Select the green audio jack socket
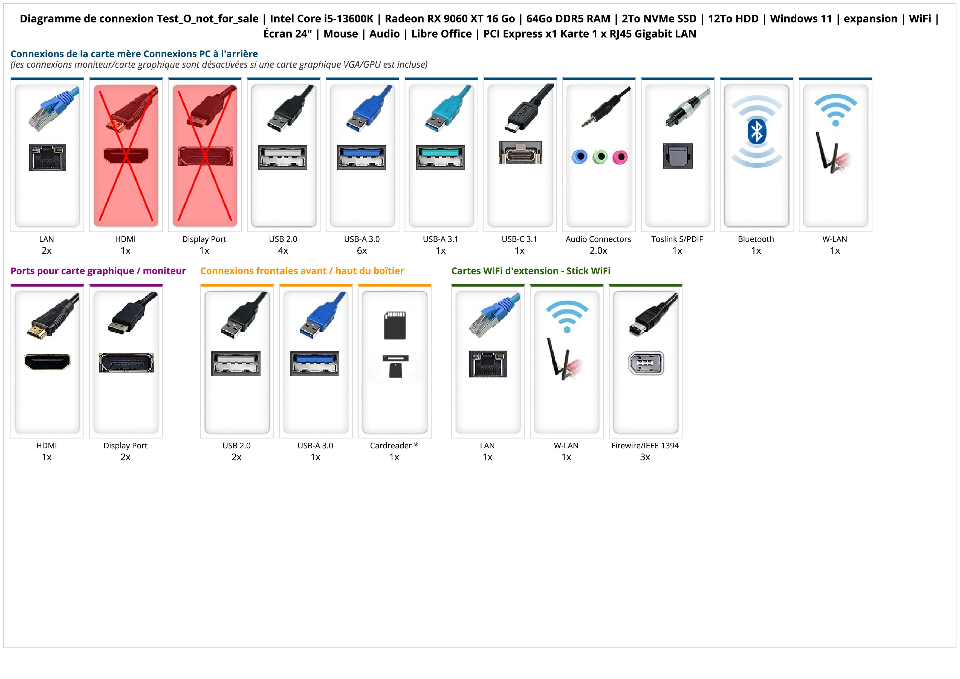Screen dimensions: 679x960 (600, 157)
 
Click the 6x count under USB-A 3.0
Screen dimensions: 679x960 (362, 251)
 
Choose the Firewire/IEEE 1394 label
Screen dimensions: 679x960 (645, 446)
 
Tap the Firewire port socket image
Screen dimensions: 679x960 (646, 363)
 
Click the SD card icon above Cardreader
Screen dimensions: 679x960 (395, 325)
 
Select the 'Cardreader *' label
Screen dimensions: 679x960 (394, 446)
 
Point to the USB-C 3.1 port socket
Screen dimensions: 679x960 (521, 153)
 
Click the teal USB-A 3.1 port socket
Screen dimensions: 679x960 (440, 157)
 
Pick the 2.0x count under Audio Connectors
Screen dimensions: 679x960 (598, 251)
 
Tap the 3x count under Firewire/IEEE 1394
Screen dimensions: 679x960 (645, 457)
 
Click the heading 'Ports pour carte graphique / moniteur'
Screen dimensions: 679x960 (98, 271)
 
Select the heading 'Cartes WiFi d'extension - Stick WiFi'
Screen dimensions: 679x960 (531, 271)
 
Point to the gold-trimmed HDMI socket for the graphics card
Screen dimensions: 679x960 (47, 362)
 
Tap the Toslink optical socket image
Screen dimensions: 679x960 (678, 156)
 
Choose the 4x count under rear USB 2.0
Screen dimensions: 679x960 (283, 251)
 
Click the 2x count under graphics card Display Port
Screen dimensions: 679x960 (125, 457)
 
